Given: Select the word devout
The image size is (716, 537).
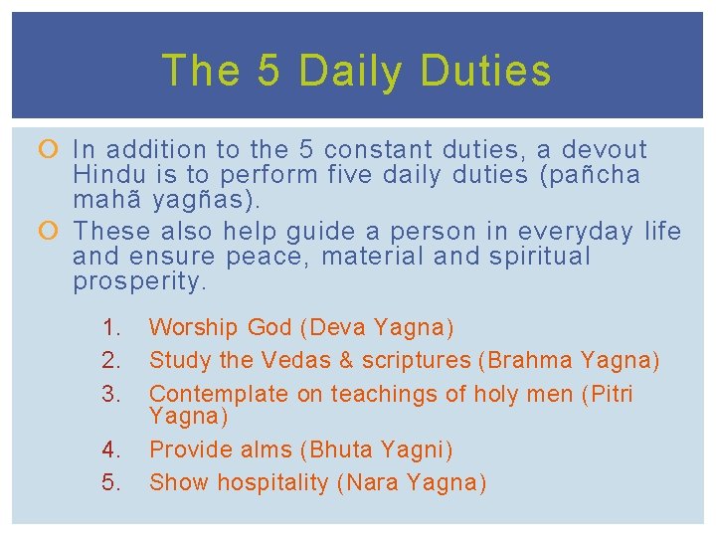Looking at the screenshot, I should (605, 150).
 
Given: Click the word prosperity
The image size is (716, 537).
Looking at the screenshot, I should (140, 281).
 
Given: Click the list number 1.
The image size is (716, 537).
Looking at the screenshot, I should (111, 327).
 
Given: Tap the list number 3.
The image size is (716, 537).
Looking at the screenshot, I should (111, 395).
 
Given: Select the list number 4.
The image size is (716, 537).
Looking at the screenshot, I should (111, 450).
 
